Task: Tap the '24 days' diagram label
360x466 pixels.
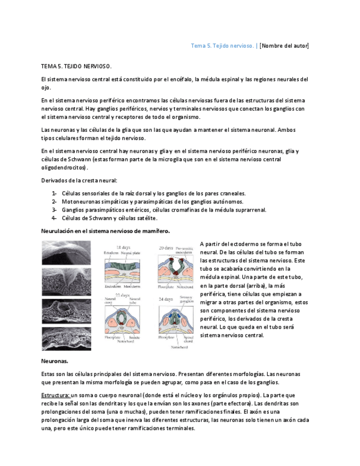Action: click(166, 299)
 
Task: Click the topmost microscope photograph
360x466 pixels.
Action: click(67, 252)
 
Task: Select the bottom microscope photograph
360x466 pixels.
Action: click(67, 339)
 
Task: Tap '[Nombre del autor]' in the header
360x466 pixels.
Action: click(284, 46)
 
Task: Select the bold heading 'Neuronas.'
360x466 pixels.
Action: click(55, 361)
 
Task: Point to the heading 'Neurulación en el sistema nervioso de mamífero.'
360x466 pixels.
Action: click(106, 231)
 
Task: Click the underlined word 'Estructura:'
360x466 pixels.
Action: click(56, 395)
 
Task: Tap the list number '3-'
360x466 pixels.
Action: click(54, 209)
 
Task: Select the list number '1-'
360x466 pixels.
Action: click(54, 193)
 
